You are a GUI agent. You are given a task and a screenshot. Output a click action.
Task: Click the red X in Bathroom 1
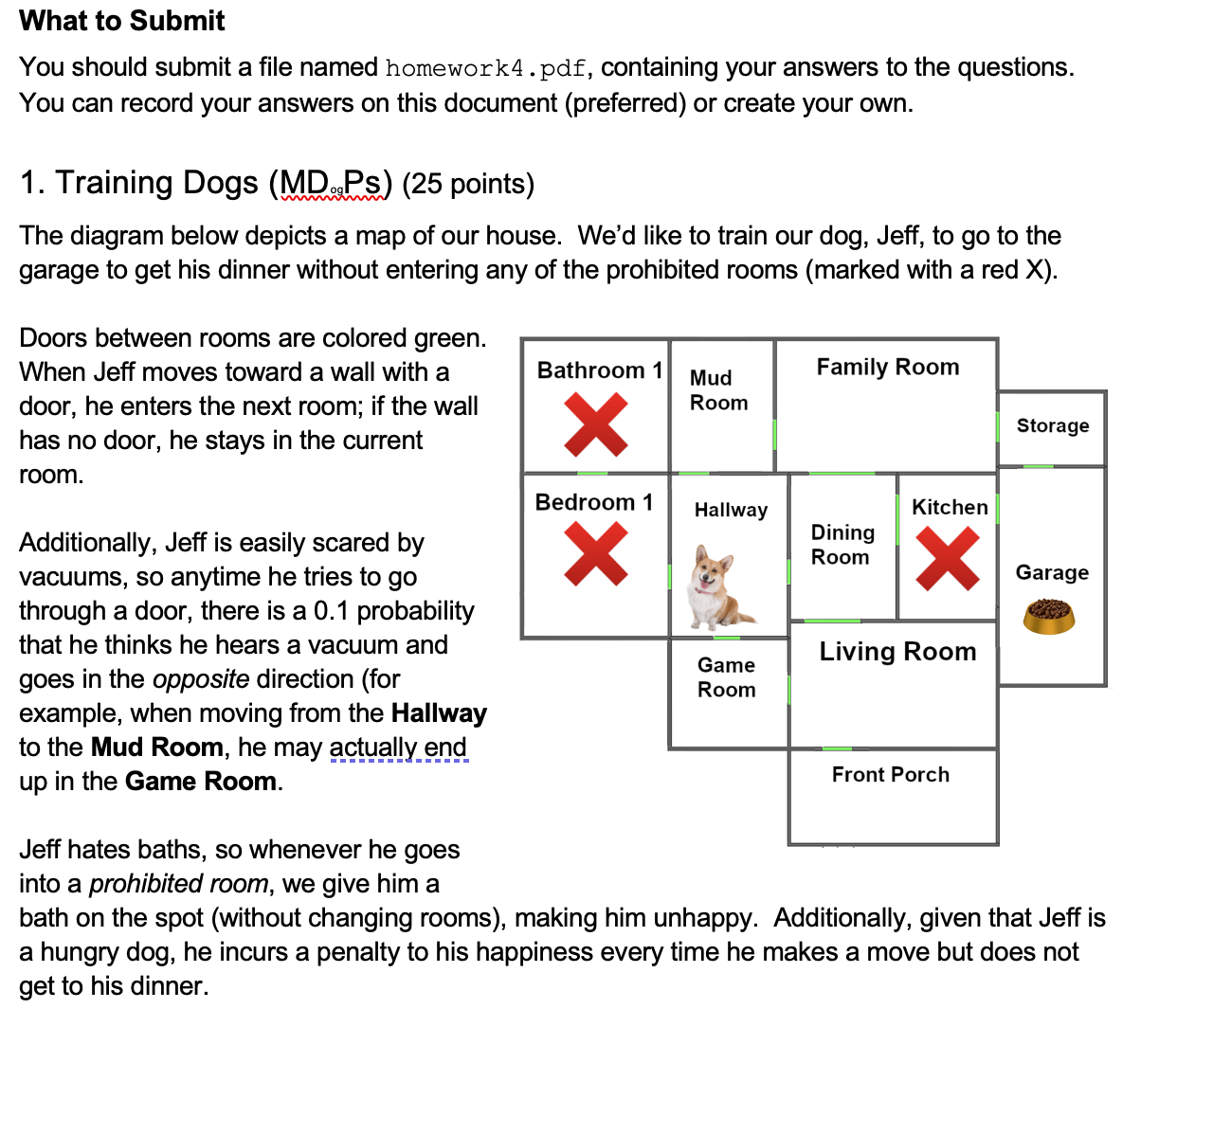(595, 425)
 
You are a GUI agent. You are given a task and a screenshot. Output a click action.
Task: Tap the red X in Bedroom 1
(595, 554)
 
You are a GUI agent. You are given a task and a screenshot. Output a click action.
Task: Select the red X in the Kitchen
(948, 559)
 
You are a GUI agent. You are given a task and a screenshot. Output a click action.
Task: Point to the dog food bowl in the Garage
(1049, 616)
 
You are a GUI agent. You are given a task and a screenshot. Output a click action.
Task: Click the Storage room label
(1052, 425)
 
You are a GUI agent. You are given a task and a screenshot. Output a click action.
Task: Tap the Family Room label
(887, 367)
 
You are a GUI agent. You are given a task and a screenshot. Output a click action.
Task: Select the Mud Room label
(718, 390)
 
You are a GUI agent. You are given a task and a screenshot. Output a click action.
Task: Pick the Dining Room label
(842, 545)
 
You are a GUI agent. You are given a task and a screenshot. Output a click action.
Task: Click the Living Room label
(896, 652)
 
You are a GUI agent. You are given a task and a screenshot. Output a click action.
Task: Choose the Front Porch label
(890, 775)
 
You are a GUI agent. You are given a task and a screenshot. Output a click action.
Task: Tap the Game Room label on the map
(726, 677)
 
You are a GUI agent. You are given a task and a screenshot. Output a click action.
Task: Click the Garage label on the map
(1052, 572)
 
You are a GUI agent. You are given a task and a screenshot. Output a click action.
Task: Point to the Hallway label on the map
(731, 510)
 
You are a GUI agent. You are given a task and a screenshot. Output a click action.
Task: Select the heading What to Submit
(122, 21)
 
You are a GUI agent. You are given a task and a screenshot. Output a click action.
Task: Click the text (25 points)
(468, 184)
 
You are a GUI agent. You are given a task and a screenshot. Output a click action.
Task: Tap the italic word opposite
(201, 679)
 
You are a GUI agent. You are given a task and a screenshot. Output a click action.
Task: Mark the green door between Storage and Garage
(1039, 466)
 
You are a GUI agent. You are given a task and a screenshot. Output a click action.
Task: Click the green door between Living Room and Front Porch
(838, 748)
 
